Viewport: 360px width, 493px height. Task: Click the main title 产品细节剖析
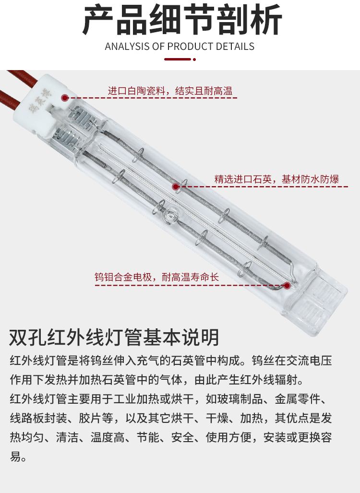click(x=182, y=20)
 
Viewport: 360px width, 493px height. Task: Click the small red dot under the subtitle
click(x=194, y=60)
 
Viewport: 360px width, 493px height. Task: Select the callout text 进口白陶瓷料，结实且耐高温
click(x=170, y=91)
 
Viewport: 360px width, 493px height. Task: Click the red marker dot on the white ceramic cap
click(x=65, y=98)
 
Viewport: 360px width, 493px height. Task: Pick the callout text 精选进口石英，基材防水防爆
click(x=276, y=179)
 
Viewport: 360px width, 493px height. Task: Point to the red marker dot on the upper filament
click(x=176, y=187)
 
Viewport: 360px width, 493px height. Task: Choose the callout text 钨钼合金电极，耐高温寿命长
click(x=156, y=277)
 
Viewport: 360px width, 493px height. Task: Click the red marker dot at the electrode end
click(x=287, y=286)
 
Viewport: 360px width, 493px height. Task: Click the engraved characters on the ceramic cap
click(x=39, y=101)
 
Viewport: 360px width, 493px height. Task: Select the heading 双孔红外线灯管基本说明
click(x=114, y=337)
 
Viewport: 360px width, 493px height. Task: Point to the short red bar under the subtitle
click(x=178, y=59)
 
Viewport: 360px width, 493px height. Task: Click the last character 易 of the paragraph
click(x=15, y=456)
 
